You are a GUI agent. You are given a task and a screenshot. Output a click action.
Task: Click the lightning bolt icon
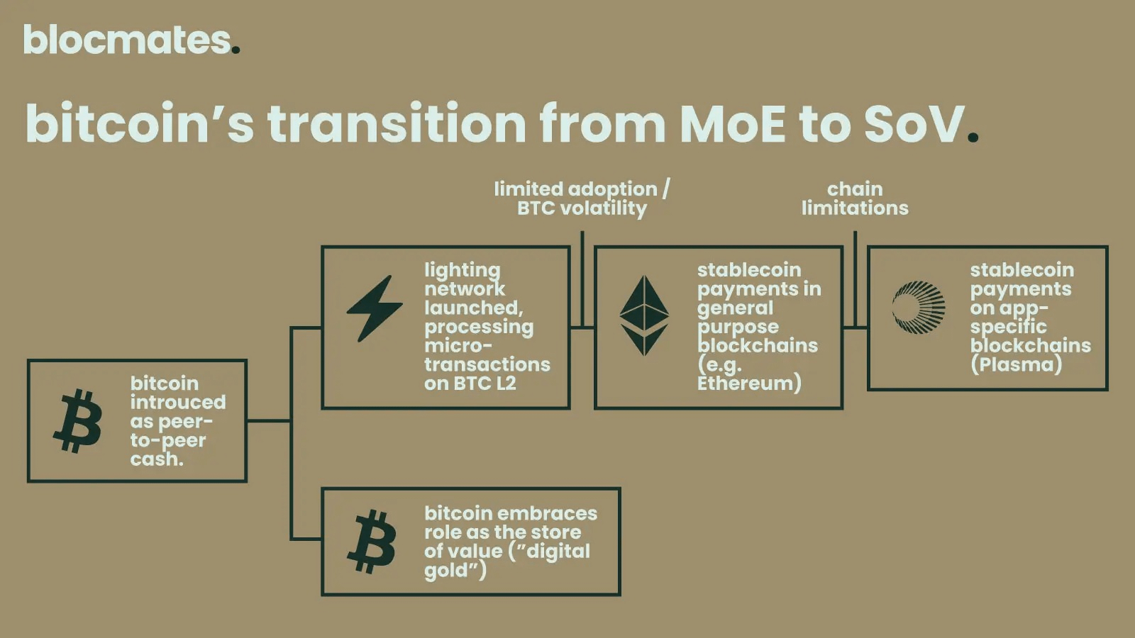(x=375, y=308)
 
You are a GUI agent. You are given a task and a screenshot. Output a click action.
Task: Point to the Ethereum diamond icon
(x=645, y=315)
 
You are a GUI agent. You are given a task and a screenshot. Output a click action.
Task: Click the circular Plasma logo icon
(x=919, y=308)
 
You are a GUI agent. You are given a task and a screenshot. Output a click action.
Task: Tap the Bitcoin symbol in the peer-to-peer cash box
(x=77, y=421)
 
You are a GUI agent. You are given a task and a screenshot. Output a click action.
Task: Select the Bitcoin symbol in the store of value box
(x=372, y=542)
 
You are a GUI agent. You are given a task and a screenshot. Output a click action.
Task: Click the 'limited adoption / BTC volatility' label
(x=582, y=198)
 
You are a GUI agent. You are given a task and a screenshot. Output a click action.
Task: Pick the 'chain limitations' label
(x=855, y=198)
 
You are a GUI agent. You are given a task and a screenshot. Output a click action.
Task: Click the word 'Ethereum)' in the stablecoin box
(x=749, y=384)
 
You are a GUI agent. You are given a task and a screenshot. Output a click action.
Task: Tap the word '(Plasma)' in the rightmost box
(x=1016, y=364)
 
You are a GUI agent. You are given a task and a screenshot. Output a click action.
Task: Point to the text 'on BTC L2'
(x=470, y=384)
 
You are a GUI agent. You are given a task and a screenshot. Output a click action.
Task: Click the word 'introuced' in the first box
(x=178, y=402)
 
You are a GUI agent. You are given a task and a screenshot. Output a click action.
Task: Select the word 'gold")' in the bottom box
(x=455, y=571)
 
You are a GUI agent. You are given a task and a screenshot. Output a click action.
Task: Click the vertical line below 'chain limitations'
(x=856, y=279)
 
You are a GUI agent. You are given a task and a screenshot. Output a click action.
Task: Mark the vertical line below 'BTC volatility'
(x=582, y=279)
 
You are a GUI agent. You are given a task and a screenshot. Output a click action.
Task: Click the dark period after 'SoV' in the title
(x=973, y=137)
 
